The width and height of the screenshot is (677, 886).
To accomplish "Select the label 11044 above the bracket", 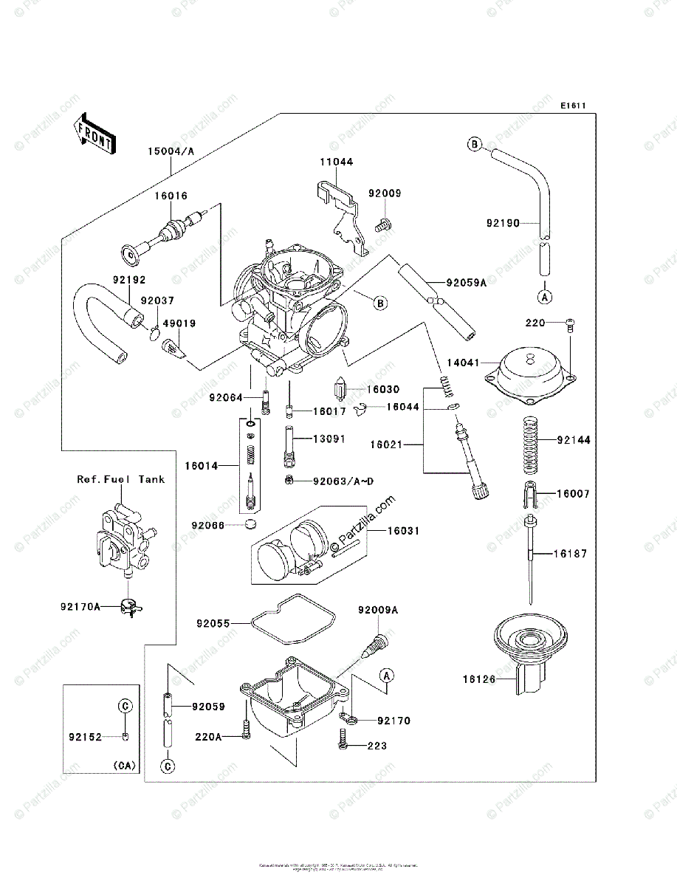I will tap(336, 161).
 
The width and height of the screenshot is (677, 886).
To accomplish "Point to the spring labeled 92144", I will tap(528, 444).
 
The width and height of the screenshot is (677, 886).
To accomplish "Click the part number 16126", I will tap(479, 677).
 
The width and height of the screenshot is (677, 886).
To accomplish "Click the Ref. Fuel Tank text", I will tap(121, 479).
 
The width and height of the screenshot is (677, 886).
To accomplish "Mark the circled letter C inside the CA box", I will tap(125, 706).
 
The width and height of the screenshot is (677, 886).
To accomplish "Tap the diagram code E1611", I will tap(572, 106).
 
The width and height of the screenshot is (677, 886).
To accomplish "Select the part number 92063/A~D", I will tap(343, 481).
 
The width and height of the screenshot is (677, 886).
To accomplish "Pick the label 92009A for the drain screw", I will tap(378, 611).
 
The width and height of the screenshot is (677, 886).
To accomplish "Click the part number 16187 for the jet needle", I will tap(571, 553).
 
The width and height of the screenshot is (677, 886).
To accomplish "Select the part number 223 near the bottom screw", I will tap(378, 746).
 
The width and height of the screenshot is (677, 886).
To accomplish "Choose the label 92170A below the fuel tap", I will tap(80, 608).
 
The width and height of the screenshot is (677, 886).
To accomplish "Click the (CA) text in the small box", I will tap(125, 766).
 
